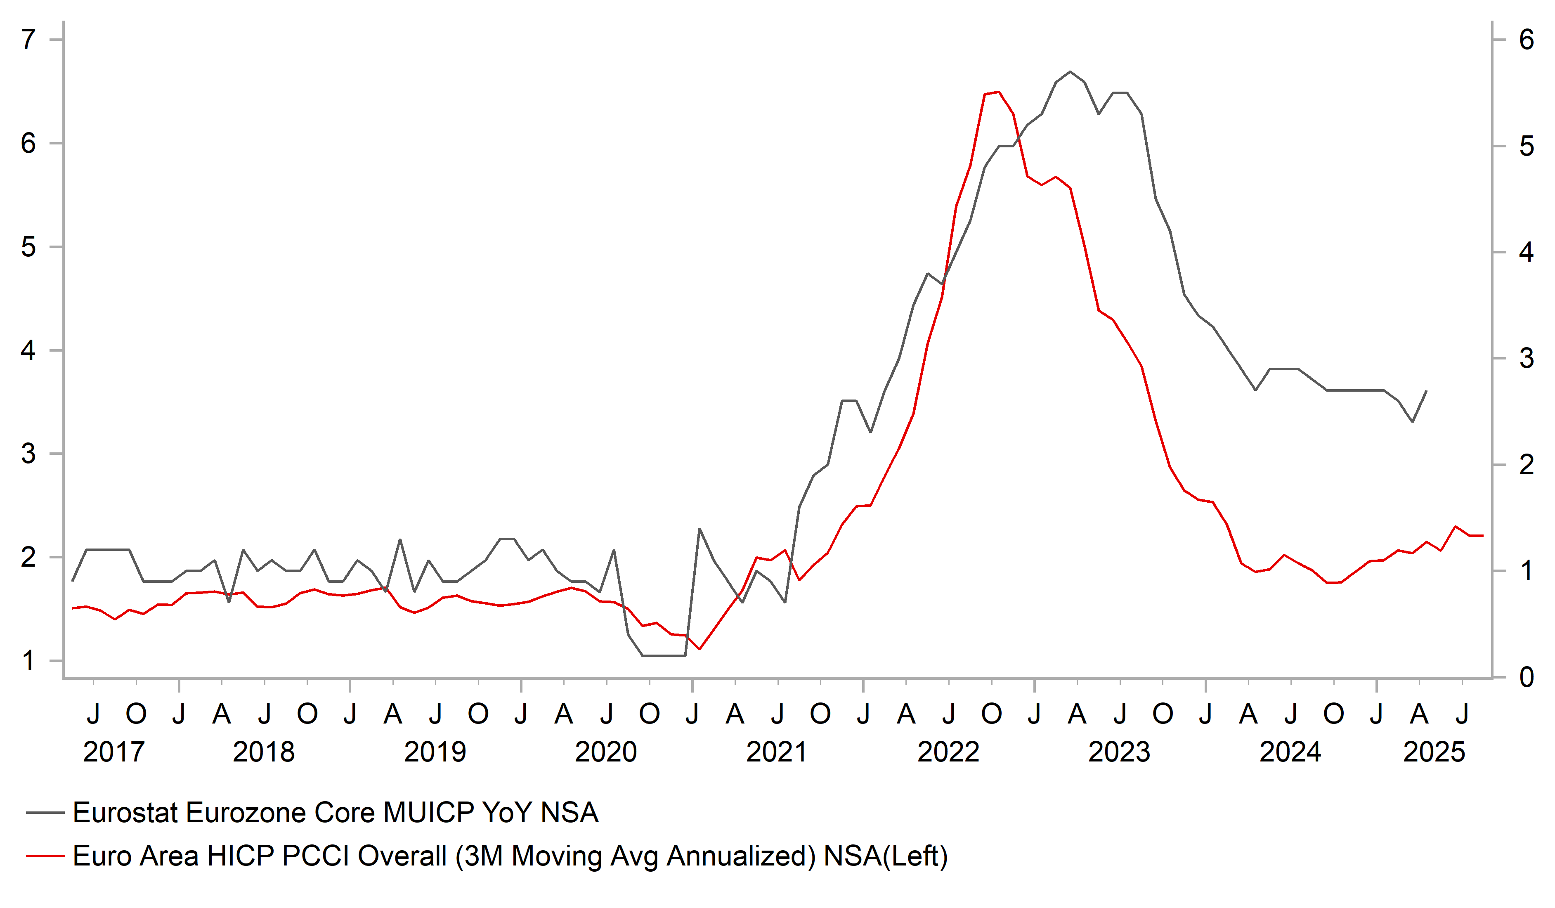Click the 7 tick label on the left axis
[28, 40]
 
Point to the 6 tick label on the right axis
[1527, 40]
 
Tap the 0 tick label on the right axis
[1527, 677]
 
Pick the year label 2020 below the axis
[605, 752]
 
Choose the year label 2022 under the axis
[948, 752]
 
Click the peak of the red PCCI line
[998, 92]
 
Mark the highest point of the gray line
[1070, 71]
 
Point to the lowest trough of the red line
[699, 649]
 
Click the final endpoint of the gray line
[1426, 391]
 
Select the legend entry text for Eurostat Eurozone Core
[335, 812]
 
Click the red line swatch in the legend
[45, 856]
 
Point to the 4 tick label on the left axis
[28, 350]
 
